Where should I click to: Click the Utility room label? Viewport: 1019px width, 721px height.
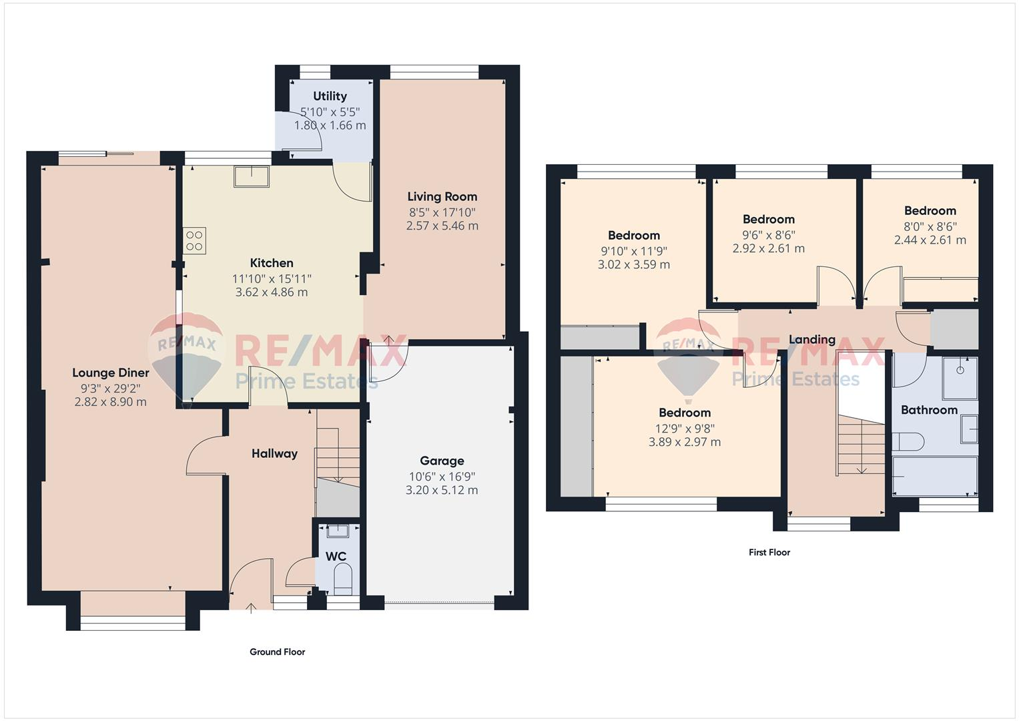[330, 96]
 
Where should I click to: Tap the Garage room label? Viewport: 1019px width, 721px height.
[442, 461]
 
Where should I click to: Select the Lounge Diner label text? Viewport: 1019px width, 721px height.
[111, 373]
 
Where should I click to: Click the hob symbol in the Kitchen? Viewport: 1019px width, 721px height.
[195, 240]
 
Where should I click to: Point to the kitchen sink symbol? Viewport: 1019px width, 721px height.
[252, 177]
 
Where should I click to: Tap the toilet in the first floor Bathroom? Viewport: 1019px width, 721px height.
[908, 441]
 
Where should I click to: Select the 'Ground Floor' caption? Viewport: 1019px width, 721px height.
[277, 652]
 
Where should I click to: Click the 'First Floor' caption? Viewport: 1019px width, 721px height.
[769, 552]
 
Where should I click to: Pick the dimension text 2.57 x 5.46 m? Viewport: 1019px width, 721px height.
[442, 226]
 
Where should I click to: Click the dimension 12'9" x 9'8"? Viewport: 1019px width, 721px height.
[685, 429]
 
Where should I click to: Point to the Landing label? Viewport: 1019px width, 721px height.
[811, 339]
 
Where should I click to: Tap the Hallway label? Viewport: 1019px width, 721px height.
[274, 453]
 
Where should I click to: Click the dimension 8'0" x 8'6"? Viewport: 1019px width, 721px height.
[930, 226]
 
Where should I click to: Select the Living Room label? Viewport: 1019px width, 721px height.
[442, 196]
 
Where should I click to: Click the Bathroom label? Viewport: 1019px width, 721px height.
[929, 410]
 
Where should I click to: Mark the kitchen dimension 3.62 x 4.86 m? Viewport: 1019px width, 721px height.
[272, 292]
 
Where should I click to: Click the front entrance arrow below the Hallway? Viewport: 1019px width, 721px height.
[251, 607]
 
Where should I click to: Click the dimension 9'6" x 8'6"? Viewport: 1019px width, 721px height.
[768, 235]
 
